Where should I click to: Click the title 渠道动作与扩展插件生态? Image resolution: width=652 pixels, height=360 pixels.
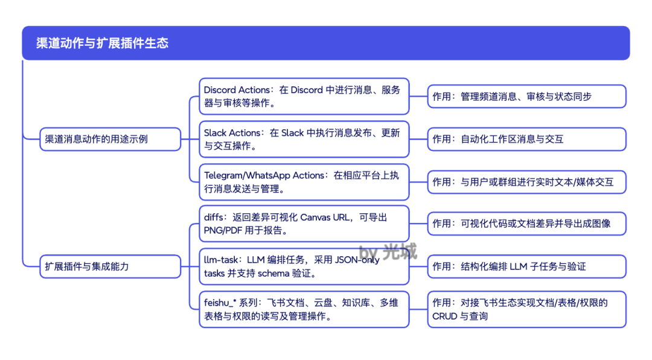tap(102, 43)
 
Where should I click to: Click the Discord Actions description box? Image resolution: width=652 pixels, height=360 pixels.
tap(304, 96)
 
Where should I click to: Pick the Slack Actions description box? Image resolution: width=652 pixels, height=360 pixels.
tap(304, 139)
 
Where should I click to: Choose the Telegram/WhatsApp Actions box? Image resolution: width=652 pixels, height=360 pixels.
tap(304, 182)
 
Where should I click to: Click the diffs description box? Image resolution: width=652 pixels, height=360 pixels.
tap(304, 223)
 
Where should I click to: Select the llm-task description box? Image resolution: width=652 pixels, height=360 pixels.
tap(304, 266)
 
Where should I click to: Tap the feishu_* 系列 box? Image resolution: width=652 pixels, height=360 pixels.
tap(304, 309)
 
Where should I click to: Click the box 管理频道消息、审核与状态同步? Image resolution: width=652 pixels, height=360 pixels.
tap(526, 97)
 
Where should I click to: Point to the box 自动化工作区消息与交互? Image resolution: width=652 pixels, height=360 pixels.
tap(526, 139)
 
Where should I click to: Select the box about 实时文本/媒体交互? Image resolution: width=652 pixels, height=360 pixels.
tap(526, 182)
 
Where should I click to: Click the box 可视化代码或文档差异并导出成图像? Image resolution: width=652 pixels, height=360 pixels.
tap(526, 223)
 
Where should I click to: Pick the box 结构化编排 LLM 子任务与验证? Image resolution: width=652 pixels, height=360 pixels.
tap(526, 266)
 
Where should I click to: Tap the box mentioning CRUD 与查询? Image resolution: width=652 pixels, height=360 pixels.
tap(526, 309)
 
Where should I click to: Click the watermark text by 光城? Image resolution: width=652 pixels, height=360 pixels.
tap(388, 251)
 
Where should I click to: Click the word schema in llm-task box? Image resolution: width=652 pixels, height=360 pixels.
tap(277, 273)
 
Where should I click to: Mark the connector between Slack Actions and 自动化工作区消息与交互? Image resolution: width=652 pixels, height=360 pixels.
tap(418, 139)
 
